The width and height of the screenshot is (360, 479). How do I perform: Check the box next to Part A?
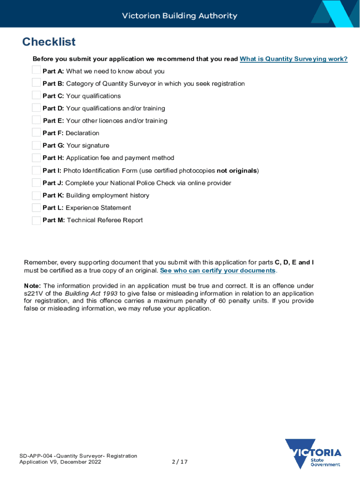pyautogui.click(x=36, y=71)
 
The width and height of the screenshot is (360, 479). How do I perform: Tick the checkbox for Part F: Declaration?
pyautogui.click(x=36, y=133)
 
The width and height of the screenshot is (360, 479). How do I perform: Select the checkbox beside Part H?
pyautogui.click(x=36, y=158)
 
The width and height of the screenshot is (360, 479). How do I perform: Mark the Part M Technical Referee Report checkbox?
pyautogui.click(x=36, y=220)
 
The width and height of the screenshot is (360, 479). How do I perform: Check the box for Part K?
pyautogui.click(x=36, y=195)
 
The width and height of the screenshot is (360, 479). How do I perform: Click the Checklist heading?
pyautogui.click(x=49, y=42)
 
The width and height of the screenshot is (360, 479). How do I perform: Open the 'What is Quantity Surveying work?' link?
pyautogui.click(x=294, y=59)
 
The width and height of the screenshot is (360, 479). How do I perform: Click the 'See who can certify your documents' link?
pyautogui.click(x=217, y=271)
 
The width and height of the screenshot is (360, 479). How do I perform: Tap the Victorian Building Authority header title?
pyautogui.click(x=180, y=16)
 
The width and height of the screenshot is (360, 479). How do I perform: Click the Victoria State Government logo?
pyautogui.click(x=314, y=454)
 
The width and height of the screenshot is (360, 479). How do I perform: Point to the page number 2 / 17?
pyautogui.click(x=180, y=462)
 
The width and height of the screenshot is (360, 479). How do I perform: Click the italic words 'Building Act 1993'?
pyautogui.click(x=91, y=293)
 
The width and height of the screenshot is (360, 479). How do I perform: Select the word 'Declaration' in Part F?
pyautogui.click(x=82, y=133)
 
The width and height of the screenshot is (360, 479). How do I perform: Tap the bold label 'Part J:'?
pyautogui.click(x=53, y=183)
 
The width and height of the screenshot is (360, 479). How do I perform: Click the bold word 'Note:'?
pyautogui.click(x=33, y=286)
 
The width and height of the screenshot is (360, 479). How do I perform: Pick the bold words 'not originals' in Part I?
pyautogui.click(x=237, y=171)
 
